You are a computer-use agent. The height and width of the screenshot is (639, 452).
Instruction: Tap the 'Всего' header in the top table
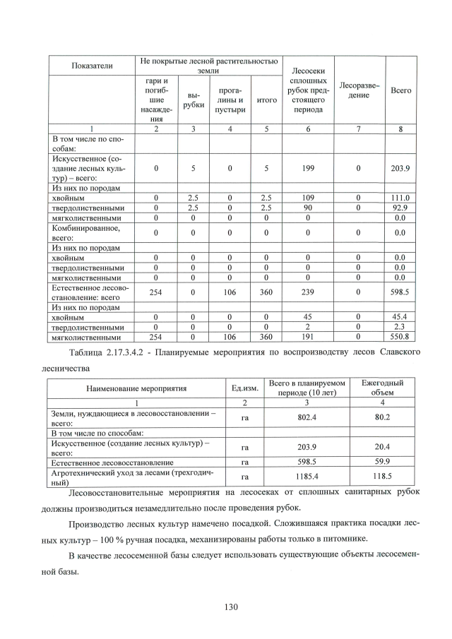[401, 91]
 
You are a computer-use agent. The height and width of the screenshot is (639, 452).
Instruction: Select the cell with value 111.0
[401, 198]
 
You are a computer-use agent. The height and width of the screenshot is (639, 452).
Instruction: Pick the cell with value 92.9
[401, 208]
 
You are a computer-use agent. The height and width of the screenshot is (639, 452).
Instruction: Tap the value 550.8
[401, 338]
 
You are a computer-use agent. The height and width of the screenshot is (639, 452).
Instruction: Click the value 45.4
[401, 318]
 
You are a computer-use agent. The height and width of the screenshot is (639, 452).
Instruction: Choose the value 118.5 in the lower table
[382, 477]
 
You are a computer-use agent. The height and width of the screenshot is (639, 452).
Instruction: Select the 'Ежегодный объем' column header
[382, 387]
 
